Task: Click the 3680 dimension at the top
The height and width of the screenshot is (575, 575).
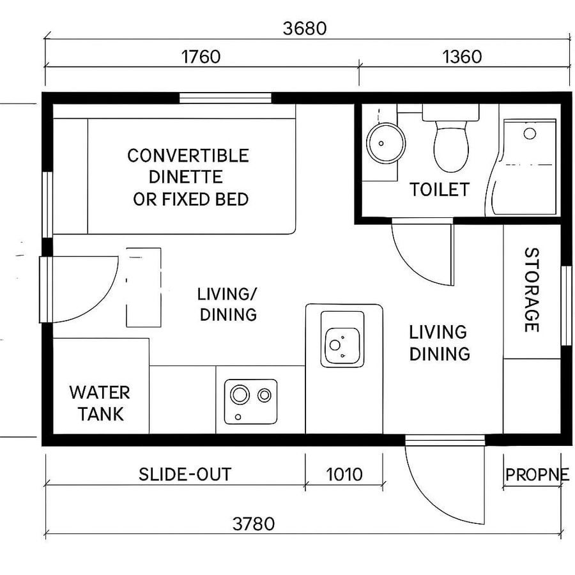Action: click(x=305, y=29)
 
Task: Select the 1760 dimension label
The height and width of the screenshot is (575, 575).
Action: click(x=201, y=57)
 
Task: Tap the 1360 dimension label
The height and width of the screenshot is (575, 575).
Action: click(x=461, y=57)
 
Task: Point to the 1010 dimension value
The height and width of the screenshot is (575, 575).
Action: click(x=344, y=475)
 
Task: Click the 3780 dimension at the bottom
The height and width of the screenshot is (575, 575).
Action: click(x=254, y=524)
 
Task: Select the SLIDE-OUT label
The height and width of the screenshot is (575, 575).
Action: click(x=185, y=475)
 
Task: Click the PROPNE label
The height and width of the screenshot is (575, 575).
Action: click(x=537, y=475)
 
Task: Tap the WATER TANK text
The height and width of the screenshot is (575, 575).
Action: click(x=100, y=402)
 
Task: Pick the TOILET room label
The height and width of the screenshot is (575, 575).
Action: click(x=440, y=190)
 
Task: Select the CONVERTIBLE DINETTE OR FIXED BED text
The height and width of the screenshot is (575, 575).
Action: click(x=188, y=177)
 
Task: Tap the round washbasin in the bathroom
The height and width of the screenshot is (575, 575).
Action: click(x=385, y=142)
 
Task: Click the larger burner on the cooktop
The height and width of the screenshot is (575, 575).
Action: click(x=240, y=395)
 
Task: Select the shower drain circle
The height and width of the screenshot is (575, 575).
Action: click(x=530, y=133)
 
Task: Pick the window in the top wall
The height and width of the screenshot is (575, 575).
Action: click(x=225, y=98)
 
